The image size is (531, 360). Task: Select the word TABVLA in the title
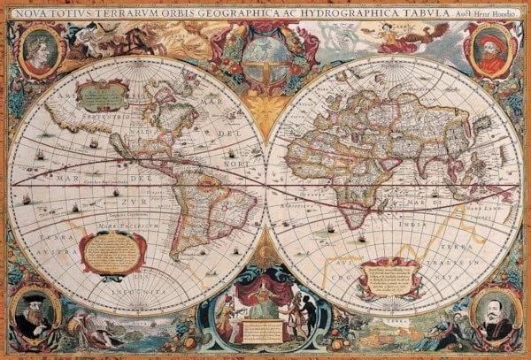click(416, 10)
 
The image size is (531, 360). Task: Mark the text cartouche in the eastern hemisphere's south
click(389, 278)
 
